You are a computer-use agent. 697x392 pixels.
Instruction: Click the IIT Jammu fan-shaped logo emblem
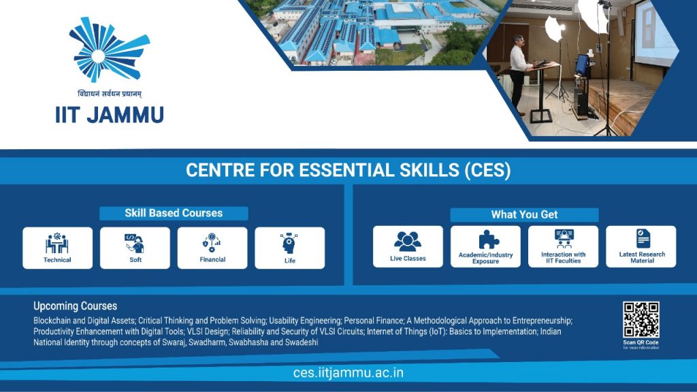[110, 48]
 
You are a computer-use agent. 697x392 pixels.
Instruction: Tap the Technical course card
[57, 248]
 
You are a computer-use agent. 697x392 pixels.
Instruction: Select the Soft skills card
[135, 248]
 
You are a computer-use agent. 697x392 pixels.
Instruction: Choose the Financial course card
[212, 248]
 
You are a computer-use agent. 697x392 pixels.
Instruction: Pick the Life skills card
[289, 248]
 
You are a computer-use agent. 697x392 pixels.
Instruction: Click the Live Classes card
[408, 246]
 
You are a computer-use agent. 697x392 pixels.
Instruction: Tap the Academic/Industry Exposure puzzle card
[485, 246]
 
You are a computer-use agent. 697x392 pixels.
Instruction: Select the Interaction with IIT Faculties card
[563, 246]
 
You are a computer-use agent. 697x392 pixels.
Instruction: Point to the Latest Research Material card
[641, 246]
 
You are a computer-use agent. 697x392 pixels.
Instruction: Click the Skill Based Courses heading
[174, 213]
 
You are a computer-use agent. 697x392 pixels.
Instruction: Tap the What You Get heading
[524, 214]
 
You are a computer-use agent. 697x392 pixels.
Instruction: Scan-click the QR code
[641, 319]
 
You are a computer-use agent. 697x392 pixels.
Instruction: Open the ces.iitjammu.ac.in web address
[348, 372]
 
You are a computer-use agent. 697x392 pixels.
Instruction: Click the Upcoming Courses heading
[75, 306]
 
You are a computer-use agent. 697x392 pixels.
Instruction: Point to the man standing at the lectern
[519, 71]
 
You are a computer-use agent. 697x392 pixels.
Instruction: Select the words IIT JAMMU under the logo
[110, 114]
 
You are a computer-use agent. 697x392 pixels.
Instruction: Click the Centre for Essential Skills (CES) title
[348, 170]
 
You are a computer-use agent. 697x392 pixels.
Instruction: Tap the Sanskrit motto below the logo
[110, 94]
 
